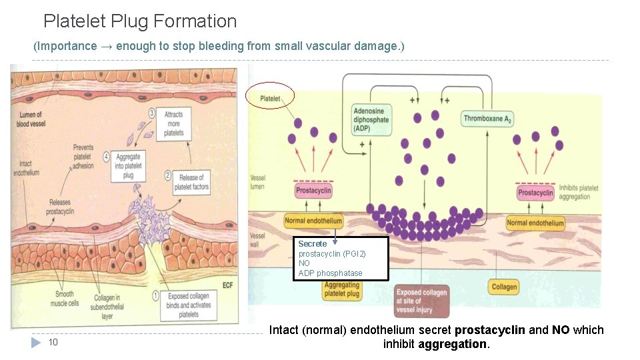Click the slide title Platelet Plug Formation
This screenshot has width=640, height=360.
click(x=140, y=21)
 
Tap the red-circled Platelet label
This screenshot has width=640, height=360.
click(x=270, y=98)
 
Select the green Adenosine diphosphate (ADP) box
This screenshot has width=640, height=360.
click(x=371, y=119)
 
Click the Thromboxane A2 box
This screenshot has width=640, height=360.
click(x=487, y=119)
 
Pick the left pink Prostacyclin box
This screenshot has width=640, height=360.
click(x=313, y=191)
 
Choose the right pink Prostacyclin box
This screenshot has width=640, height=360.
click(x=535, y=193)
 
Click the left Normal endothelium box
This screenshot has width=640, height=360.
click(x=313, y=221)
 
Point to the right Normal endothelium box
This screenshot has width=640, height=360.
click(x=535, y=223)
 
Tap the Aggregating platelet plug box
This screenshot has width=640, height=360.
click(x=341, y=289)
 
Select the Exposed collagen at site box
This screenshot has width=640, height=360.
click(x=421, y=300)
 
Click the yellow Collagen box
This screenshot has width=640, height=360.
click(x=504, y=287)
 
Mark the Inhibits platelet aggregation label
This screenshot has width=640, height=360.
click(x=578, y=193)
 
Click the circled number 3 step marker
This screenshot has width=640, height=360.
click(x=152, y=113)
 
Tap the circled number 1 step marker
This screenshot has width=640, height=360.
click(x=155, y=295)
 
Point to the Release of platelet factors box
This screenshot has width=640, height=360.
click(x=191, y=182)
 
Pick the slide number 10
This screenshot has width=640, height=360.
click(x=53, y=343)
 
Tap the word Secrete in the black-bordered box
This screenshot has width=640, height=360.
click(x=313, y=244)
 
